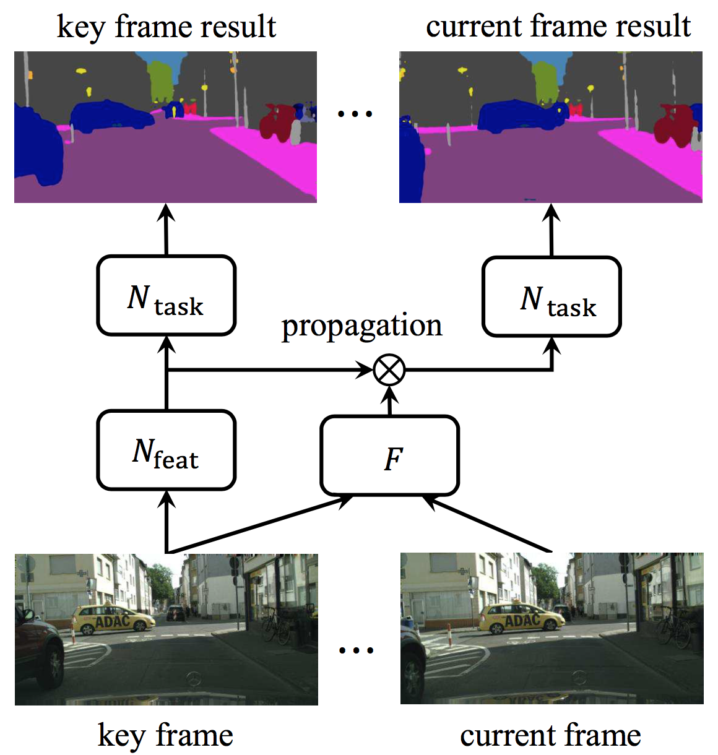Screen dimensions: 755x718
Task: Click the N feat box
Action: tap(166, 450)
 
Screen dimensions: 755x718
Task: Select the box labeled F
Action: tap(389, 456)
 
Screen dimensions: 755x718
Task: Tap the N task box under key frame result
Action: tap(166, 296)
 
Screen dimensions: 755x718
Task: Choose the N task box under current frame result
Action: tap(551, 296)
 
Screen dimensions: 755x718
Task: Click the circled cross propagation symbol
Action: tap(389, 370)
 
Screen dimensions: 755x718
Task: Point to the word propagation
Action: tap(361, 326)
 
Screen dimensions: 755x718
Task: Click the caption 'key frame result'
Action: tap(166, 27)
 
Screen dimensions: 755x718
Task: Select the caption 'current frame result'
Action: tap(558, 27)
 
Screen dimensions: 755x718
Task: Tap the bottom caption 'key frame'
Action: tap(166, 735)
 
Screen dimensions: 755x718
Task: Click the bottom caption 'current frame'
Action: tap(550, 735)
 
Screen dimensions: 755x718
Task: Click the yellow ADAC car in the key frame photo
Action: tap(113, 619)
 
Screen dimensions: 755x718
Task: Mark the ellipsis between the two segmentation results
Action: tap(355, 114)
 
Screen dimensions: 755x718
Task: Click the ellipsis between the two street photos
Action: tap(357, 650)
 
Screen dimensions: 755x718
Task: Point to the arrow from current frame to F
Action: tap(489, 524)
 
